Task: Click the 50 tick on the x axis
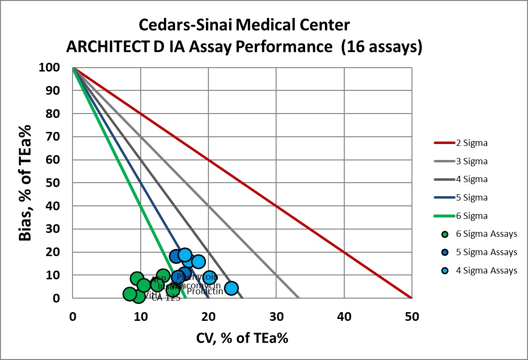point(411,317)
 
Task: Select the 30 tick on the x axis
point(276,317)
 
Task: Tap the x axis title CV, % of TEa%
point(242,338)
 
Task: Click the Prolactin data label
point(205,291)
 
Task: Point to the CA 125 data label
point(162,298)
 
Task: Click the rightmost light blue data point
point(231,288)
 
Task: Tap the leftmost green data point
point(130,294)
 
